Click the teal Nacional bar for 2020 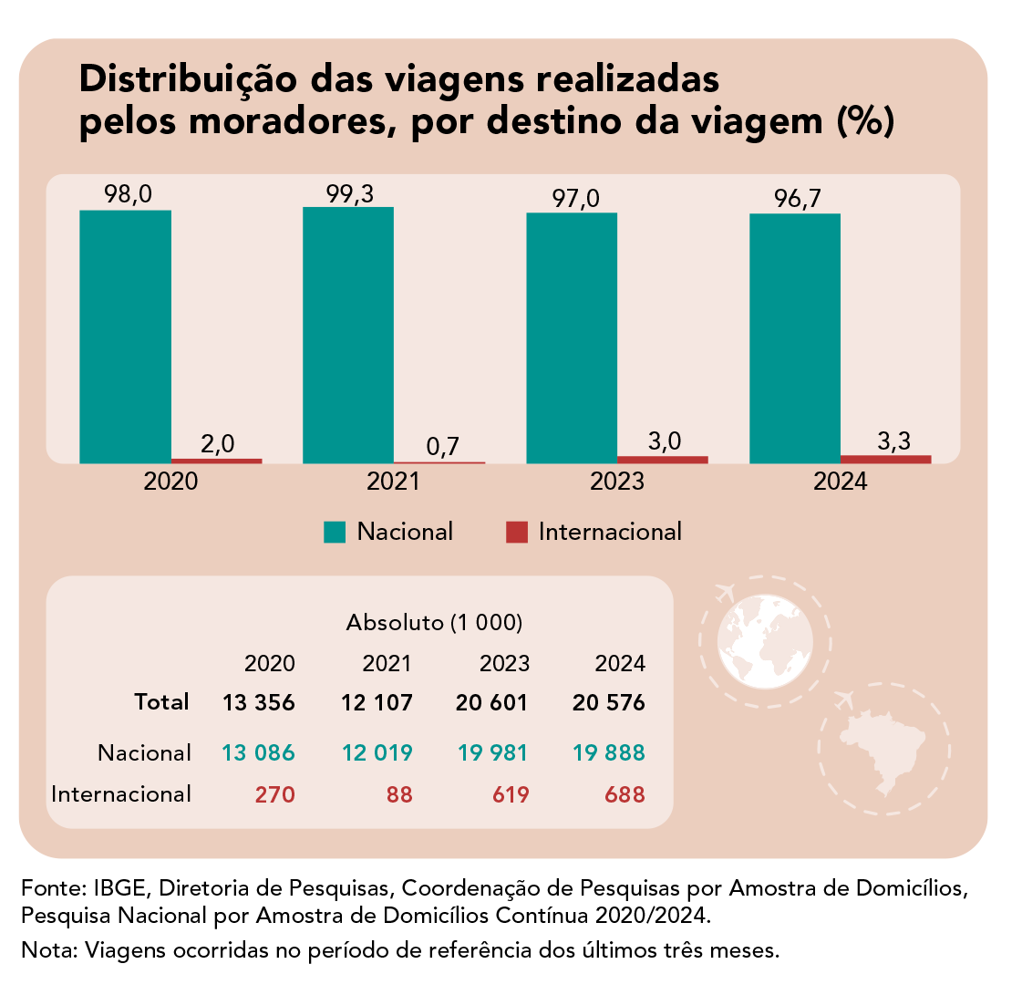(125, 337)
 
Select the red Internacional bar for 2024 (885, 459)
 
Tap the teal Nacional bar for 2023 (572, 338)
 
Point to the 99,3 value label (350, 193)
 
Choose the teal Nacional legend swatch (335, 532)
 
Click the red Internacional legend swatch (516, 532)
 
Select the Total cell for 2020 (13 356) (259, 703)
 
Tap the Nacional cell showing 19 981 (493, 752)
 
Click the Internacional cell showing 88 (398, 794)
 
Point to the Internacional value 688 (625, 794)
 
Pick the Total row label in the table (161, 701)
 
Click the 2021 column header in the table (387, 664)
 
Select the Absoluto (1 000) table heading (434, 624)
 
